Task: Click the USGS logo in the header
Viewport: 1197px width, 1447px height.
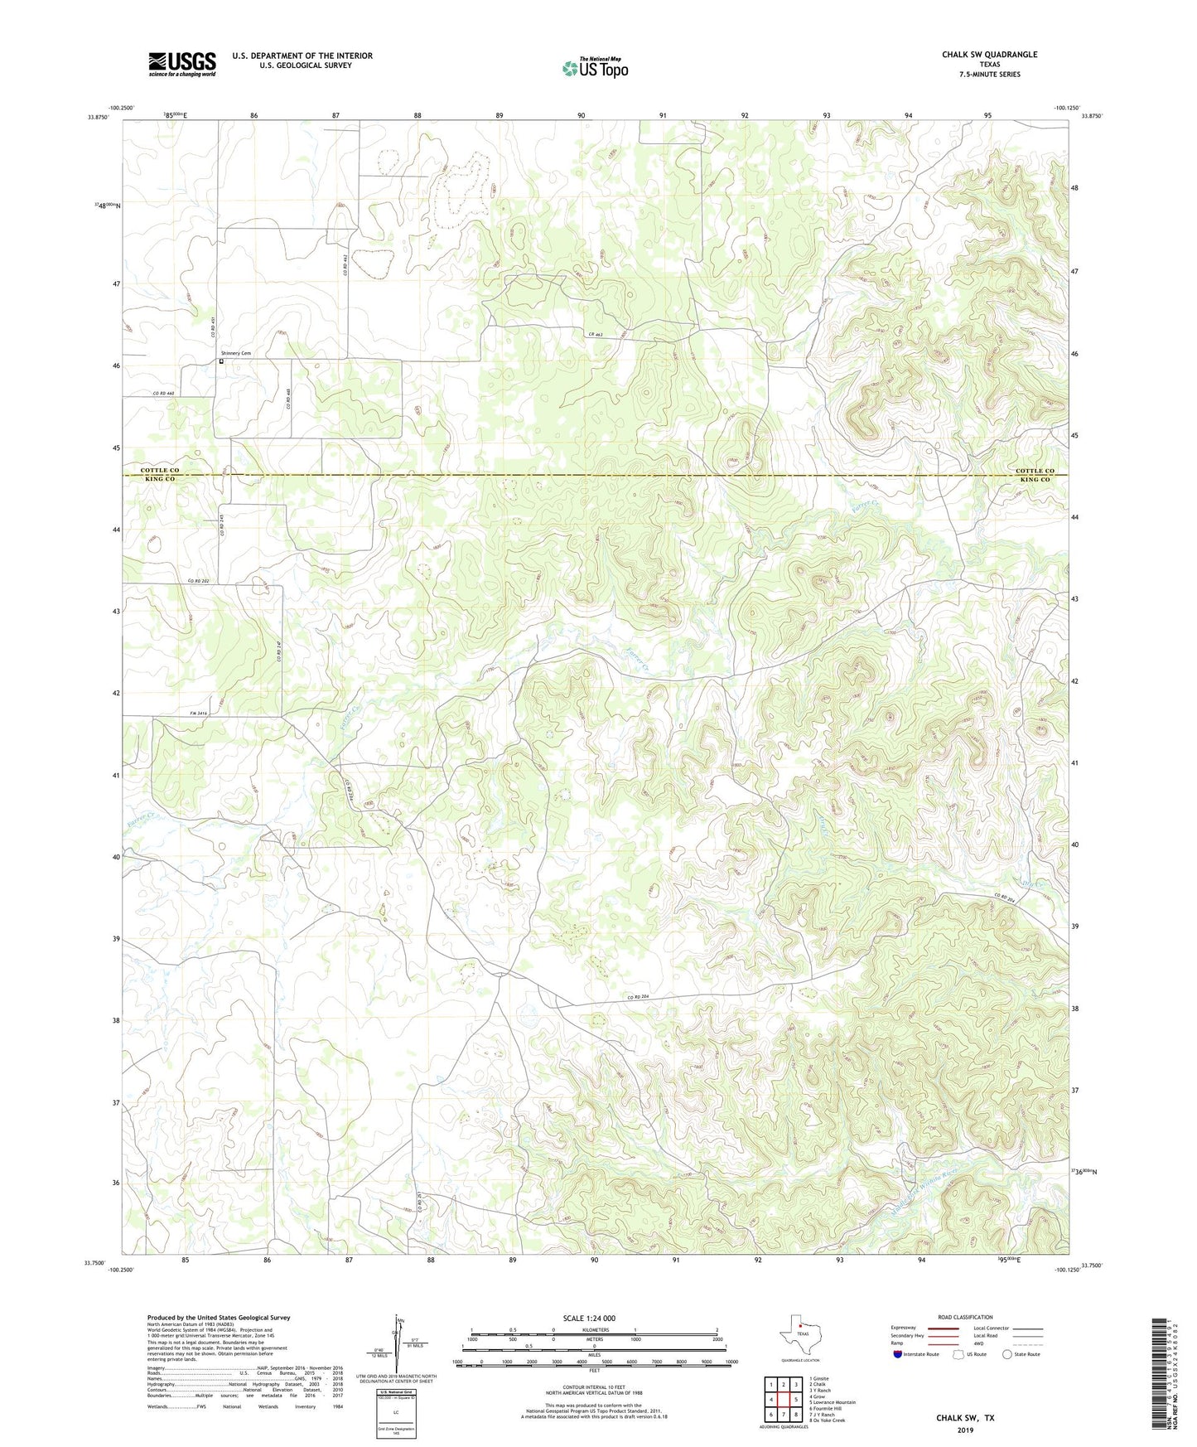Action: pyautogui.click(x=182, y=64)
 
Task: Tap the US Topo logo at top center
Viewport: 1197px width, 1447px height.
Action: pyautogui.click(x=595, y=68)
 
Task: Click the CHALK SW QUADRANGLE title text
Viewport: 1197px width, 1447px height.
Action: pyautogui.click(x=989, y=55)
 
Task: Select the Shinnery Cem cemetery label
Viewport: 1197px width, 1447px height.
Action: pyautogui.click(x=235, y=353)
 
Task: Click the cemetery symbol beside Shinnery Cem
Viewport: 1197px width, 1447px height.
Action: pyautogui.click(x=221, y=361)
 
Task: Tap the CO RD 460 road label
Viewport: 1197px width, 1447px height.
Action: pyautogui.click(x=163, y=393)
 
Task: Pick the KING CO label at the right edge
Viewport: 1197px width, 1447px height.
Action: pyautogui.click(x=1035, y=480)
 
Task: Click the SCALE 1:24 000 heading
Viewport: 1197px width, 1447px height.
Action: pyautogui.click(x=589, y=1318)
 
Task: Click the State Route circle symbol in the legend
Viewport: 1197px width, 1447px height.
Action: pyautogui.click(x=1007, y=1354)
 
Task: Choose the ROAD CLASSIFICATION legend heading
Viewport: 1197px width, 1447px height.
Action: pyautogui.click(x=964, y=1317)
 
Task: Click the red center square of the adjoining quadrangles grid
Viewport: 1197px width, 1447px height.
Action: pyautogui.click(x=783, y=1400)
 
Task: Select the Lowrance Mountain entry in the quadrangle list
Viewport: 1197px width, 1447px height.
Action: pyautogui.click(x=834, y=1402)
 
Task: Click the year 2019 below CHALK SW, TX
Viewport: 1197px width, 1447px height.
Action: pyautogui.click(x=965, y=1430)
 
